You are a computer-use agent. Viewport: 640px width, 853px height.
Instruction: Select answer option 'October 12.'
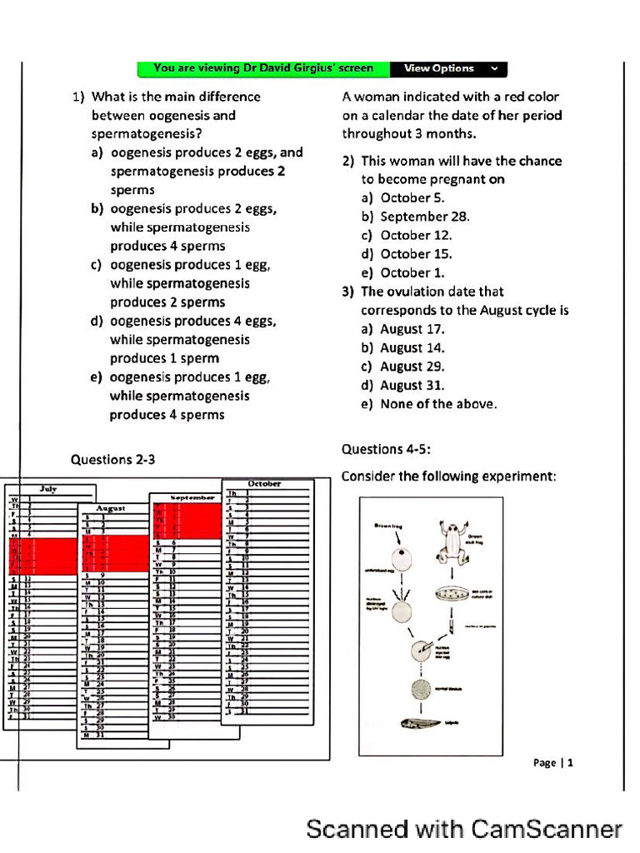tap(416, 235)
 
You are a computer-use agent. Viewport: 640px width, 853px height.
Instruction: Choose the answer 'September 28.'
tap(425, 217)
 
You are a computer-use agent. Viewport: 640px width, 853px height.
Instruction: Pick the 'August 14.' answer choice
tap(412, 348)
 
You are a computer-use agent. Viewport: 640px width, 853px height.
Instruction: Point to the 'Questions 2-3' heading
tap(112, 459)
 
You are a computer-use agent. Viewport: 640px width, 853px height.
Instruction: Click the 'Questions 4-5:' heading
tap(386, 449)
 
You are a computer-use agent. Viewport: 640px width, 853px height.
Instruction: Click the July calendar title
tap(49, 490)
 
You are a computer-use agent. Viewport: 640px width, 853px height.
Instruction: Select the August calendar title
tap(111, 507)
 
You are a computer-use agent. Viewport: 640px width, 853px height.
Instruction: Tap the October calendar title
tap(264, 483)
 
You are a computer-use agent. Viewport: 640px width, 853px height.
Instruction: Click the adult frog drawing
tap(452, 541)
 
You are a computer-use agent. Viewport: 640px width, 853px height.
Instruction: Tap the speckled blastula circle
tap(422, 688)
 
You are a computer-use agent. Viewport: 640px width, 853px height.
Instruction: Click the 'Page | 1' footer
tap(553, 762)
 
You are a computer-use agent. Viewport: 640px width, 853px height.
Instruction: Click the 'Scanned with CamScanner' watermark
tap(464, 829)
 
